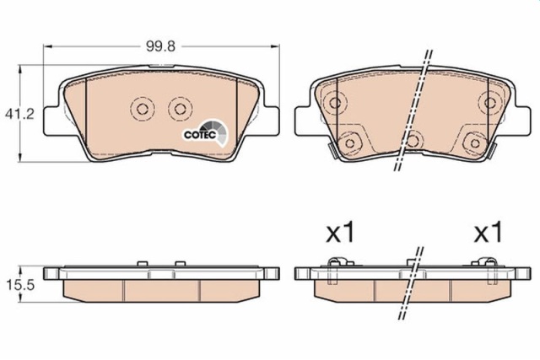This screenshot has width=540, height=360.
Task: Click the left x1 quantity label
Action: coord(339,234)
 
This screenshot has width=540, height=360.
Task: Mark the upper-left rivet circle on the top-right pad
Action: coord(335,104)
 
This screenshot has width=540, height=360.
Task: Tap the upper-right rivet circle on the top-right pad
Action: coord(489,103)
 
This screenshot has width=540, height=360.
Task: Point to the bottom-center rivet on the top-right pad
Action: coord(413,140)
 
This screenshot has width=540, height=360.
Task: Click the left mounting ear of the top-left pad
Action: coord(53,116)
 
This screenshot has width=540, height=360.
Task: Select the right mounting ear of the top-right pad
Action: coord(521,116)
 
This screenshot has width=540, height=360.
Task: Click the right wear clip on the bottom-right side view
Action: coord(490,268)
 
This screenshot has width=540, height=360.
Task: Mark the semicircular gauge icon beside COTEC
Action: coord(215,132)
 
